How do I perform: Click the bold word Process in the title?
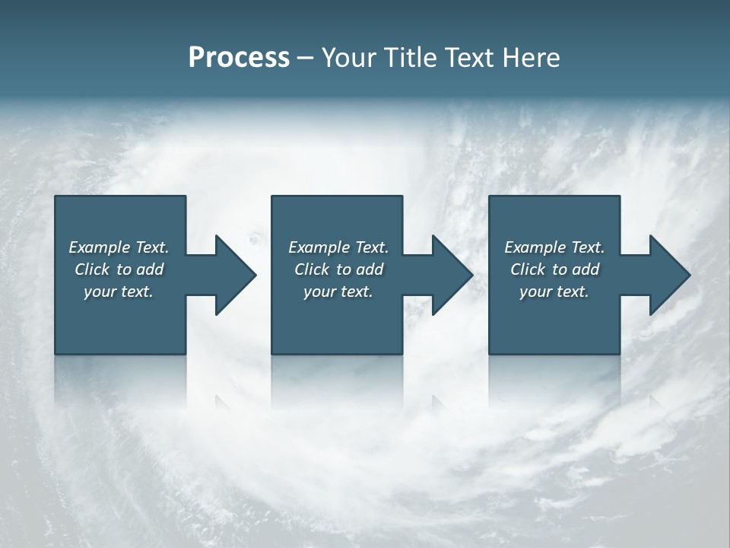[239, 58]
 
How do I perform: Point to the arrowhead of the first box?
[235, 275]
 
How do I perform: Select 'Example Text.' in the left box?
[119, 247]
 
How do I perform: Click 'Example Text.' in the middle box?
[338, 247]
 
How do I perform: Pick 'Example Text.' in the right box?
[554, 247]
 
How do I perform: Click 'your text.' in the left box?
[119, 292]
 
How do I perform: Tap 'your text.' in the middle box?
[338, 292]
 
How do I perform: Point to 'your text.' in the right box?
[554, 292]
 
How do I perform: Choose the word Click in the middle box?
[312, 269]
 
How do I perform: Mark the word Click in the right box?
[528, 269]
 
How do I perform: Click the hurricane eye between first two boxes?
[254, 239]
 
